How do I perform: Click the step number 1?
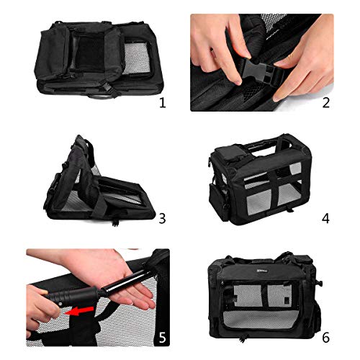pyautogui.click(x=163, y=103)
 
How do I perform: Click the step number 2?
pyautogui.click(x=325, y=103)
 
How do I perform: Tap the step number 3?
pyautogui.click(x=162, y=219)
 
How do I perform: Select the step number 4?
pyautogui.click(x=325, y=219)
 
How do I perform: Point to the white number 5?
pyautogui.click(x=162, y=338)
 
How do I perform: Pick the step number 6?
pyautogui.click(x=325, y=338)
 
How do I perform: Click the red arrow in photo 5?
pyautogui.click(x=79, y=311)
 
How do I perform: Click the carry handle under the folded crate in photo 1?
pyautogui.click(x=100, y=96)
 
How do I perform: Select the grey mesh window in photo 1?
pyautogui.click(x=137, y=58)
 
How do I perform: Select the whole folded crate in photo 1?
pyautogui.click(x=99, y=59)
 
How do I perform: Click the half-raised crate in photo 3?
pyautogui.click(x=99, y=180)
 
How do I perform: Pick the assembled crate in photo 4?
pyautogui.click(x=260, y=179)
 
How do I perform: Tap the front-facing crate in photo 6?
pyautogui.click(x=264, y=295)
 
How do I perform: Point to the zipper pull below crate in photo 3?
pyautogui.click(x=115, y=223)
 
